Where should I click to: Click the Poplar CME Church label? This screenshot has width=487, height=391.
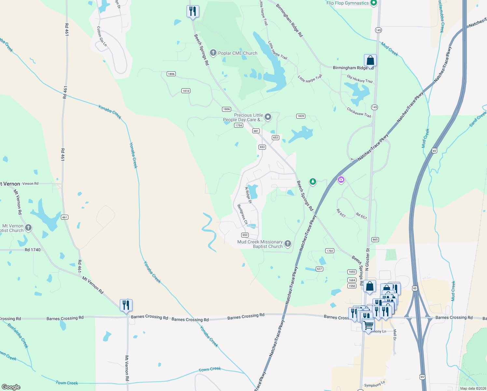(x=238, y=53)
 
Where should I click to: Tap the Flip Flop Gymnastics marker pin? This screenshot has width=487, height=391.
(x=374, y=3)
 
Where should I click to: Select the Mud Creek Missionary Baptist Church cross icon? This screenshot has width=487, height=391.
(x=288, y=243)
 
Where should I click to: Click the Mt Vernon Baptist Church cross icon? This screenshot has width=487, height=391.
(x=28, y=227)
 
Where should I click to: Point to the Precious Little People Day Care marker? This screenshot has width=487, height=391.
(x=268, y=117)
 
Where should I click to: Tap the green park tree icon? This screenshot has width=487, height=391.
(x=313, y=181)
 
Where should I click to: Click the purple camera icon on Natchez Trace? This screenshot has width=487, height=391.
(x=341, y=180)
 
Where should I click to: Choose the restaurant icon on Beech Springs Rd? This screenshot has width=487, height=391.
(x=193, y=11)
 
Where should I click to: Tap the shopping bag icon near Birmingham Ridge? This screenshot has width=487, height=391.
(x=370, y=60)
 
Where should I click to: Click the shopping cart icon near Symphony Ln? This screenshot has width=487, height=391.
(x=368, y=325)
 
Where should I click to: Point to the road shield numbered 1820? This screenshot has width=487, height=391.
(x=301, y=116)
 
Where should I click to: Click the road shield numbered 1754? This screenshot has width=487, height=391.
(x=239, y=125)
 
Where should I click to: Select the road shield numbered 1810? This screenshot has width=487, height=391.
(x=186, y=91)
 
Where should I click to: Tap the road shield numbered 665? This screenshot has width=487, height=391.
(x=375, y=239)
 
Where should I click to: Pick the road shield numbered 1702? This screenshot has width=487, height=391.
(x=330, y=251)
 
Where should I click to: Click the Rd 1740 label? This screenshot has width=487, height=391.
(x=33, y=250)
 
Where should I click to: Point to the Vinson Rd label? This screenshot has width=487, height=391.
(x=30, y=184)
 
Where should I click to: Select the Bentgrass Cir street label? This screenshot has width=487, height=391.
(x=243, y=214)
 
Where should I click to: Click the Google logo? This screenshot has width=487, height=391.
(x=11, y=387)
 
